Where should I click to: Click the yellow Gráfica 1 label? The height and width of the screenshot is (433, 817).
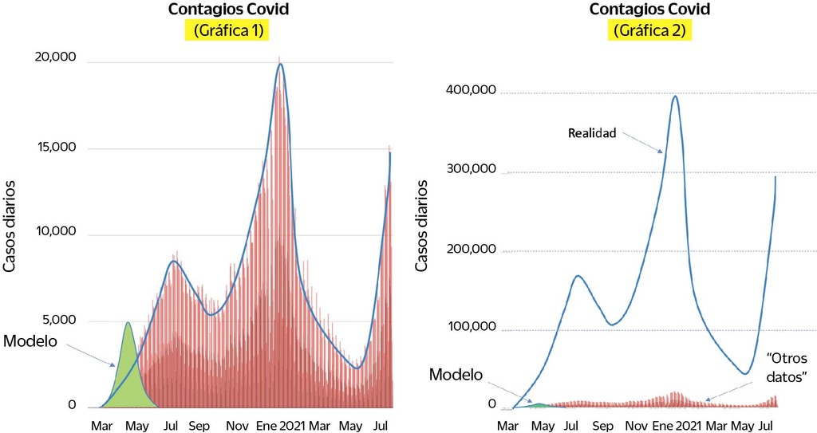227,32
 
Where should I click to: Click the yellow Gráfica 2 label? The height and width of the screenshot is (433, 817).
652,31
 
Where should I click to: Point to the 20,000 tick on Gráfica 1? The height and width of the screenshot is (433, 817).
55,57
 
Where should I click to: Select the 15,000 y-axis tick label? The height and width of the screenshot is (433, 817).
55,148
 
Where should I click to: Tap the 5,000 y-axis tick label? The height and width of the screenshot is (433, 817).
60,321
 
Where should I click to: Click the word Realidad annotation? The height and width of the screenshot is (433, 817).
592,134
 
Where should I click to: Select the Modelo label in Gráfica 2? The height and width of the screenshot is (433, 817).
456,375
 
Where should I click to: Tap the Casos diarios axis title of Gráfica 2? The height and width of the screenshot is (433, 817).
422,226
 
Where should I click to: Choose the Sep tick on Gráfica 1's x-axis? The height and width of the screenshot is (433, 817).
199,425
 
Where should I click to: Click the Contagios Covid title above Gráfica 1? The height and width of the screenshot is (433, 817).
227,10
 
